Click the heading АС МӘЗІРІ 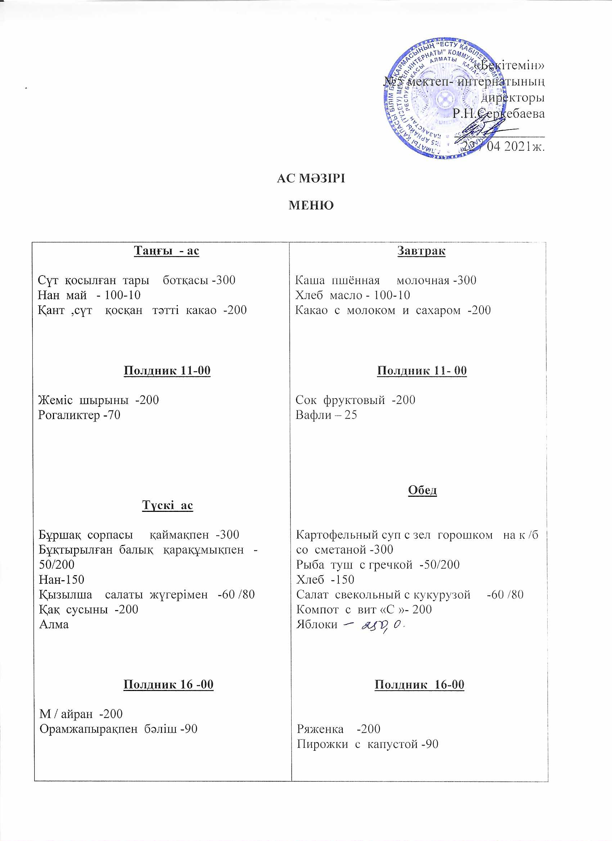click(x=311, y=178)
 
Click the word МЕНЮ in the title click(x=311, y=205)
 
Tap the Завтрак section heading click(x=421, y=251)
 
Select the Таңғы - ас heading click(x=166, y=251)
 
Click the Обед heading click(x=422, y=490)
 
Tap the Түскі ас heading click(x=167, y=505)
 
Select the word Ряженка click(x=320, y=729)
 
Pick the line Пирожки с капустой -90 click(x=368, y=744)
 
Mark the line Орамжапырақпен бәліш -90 click(x=118, y=729)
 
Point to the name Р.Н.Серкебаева click(x=499, y=113)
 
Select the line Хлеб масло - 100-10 click(x=352, y=295)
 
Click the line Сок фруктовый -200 click(x=355, y=400)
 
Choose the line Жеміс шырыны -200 click(x=98, y=400)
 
